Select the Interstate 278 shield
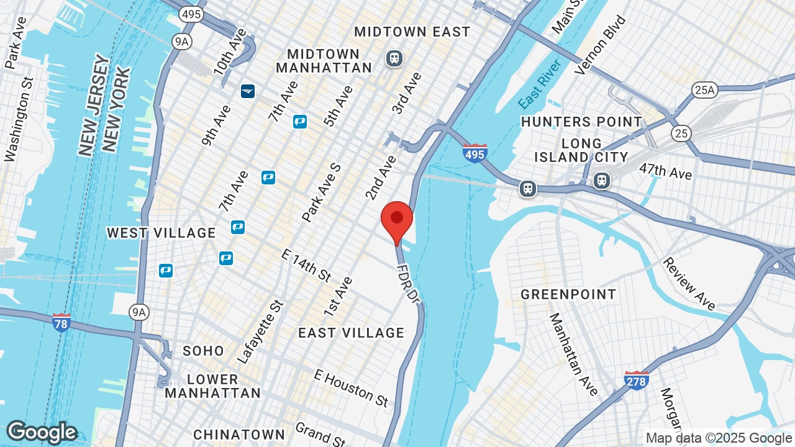[x=637, y=380]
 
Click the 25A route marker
[x=705, y=91]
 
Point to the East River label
[x=540, y=84]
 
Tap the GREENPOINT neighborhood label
[x=568, y=294]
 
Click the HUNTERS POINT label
[x=581, y=122]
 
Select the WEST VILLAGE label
[x=161, y=233]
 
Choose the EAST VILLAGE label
[x=351, y=333]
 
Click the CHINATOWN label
[x=239, y=434]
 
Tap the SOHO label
[x=203, y=351]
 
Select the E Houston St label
[x=352, y=387]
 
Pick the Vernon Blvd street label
[x=601, y=45]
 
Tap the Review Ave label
[x=688, y=284]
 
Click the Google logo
[x=42, y=432]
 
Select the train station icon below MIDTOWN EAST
[x=394, y=59]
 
